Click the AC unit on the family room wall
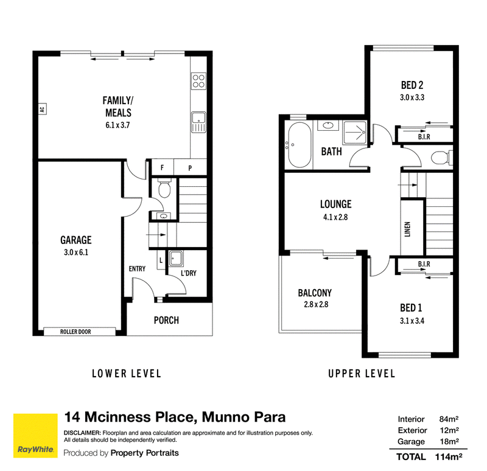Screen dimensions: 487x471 pyautogui.click(x=42, y=109)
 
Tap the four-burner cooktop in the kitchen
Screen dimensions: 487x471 pyautogui.click(x=198, y=81)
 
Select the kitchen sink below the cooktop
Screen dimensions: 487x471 pyautogui.click(x=198, y=122)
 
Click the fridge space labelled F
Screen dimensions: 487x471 pyautogui.click(x=162, y=168)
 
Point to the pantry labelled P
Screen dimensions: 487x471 pyautogui.click(x=190, y=168)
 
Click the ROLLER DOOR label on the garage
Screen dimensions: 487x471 pyautogui.click(x=75, y=332)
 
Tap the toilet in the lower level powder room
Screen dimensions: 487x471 pyautogui.click(x=164, y=188)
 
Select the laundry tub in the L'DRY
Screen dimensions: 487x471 pyautogui.click(x=176, y=259)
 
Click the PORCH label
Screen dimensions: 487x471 pyautogui.click(x=166, y=320)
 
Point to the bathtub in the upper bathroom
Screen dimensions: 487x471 pyautogui.click(x=300, y=145)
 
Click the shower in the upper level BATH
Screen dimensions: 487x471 pyautogui.click(x=355, y=132)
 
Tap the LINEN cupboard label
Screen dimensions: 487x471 pyautogui.click(x=407, y=229)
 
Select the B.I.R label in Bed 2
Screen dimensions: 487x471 pyautogui.click(x=424, y=136)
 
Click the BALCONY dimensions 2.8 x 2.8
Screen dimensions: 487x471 pyautogui.click(x=316, y=304)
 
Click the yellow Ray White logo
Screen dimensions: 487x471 pyautogui.click(x=35, y=436)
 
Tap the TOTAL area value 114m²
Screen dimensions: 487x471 pyautogui.click(x=449, y=457)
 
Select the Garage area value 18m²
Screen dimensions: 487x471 pyautogui.click(x=449, y=441)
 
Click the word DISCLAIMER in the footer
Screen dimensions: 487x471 pyautogui.click(x=82, y=433)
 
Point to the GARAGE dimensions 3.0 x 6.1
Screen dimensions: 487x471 pyautogui.click(x=76, y=252)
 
